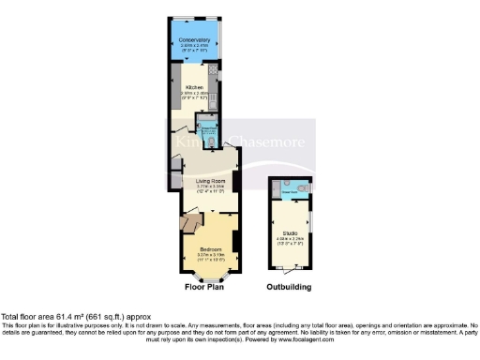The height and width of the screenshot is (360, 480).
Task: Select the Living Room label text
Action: [210, 180]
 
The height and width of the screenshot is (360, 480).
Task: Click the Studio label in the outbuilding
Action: [290, 231]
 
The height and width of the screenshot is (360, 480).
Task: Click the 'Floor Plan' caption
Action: [202, 287]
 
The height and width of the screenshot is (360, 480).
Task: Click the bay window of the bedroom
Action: [211, 276]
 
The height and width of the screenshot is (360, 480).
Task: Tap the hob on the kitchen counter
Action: [216, 69]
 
